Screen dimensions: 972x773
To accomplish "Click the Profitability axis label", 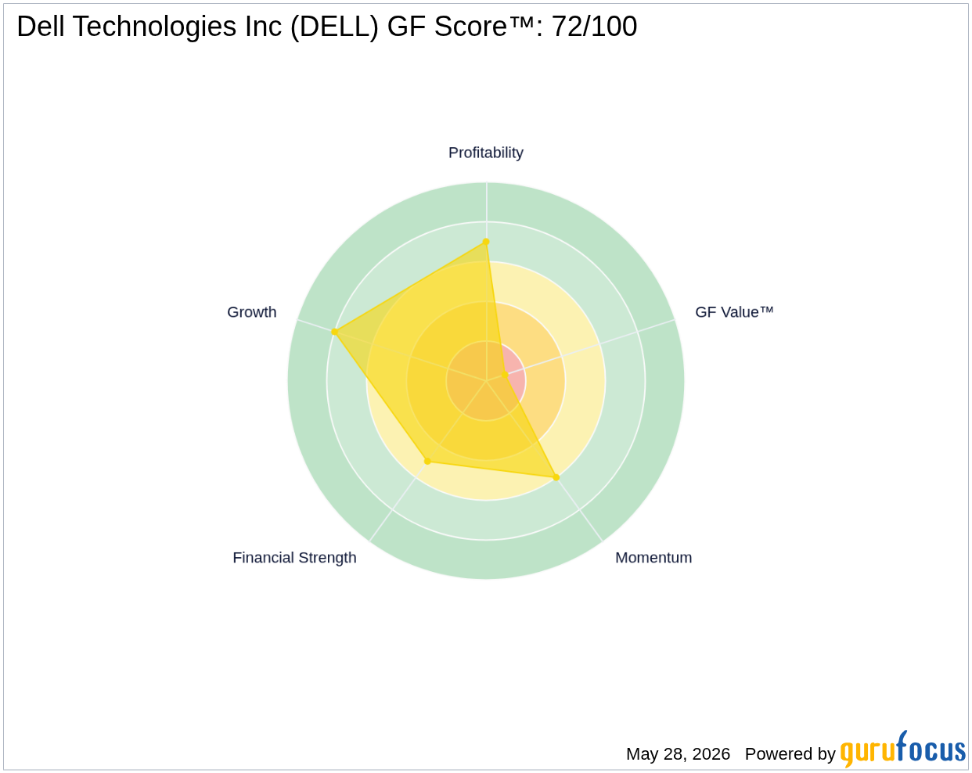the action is click(485, 153).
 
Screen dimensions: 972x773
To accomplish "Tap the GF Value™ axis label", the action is click(733, 312).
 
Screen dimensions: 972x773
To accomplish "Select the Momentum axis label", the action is click(653, 558).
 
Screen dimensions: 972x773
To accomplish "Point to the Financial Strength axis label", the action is click(294, 558).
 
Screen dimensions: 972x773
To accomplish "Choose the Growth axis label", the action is click(251, 312).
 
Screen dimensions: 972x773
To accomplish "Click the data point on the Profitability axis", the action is click(486, 242).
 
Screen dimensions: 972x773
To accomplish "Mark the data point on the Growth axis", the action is click(335, 332).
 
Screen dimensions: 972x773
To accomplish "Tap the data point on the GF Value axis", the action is click(505, 375).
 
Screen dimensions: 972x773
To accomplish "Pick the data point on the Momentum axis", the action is click(556, 477).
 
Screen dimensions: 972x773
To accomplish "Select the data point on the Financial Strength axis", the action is click(428, 461).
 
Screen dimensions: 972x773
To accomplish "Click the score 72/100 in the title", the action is click(595, 26).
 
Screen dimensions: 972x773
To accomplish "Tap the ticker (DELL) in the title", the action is click(334, 27).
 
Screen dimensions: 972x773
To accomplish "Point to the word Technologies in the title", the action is click(154, 27).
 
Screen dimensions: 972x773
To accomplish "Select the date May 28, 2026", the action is click(678, 754).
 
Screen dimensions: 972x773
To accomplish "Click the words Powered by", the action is click(790, 754).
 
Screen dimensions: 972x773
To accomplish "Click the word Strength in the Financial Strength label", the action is click(327, 558).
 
